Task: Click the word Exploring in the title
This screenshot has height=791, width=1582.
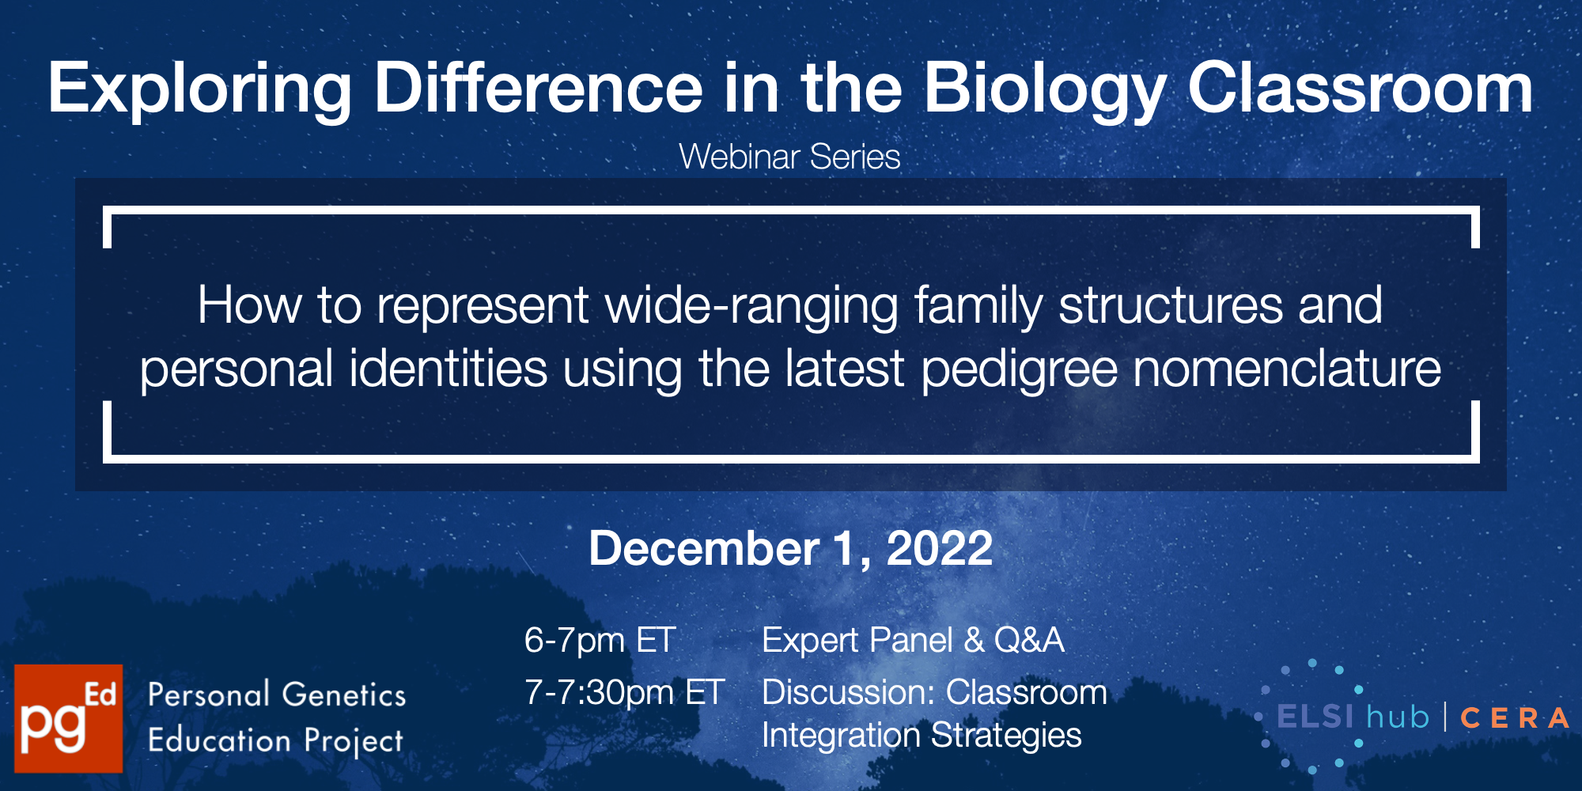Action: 200,90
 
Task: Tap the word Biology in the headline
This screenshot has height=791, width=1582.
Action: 1046,90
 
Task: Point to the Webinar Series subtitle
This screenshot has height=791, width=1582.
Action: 789,157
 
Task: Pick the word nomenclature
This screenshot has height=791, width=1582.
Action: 1287,369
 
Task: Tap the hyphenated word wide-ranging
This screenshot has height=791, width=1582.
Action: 751,307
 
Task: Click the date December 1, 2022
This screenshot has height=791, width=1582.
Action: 791,548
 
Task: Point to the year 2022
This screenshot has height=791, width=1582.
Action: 940,548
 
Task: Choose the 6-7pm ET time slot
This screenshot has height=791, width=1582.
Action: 600,640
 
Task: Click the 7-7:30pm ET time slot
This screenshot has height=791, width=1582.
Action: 624,693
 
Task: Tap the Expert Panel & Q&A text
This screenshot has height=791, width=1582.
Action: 913,640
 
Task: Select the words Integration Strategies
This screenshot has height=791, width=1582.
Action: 922,736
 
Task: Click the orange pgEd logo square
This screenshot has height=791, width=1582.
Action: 69,718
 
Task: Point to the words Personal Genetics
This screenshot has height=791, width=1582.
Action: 277,694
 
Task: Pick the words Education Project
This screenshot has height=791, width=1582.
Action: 275,741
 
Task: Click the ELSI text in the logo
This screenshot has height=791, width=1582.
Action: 1315,717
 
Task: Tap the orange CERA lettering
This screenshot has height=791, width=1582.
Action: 1514,718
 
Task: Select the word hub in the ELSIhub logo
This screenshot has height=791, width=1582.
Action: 1398,717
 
